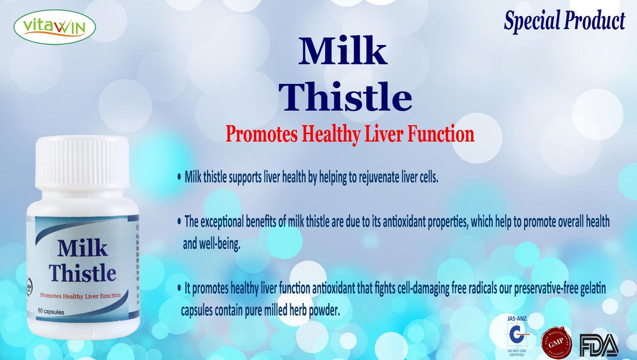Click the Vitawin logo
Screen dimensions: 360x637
[55, 27]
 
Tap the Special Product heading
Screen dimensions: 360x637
[564, 21]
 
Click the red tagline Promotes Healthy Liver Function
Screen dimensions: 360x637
[349, 134]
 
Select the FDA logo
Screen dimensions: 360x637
[599, 345]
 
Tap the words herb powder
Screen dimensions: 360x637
[317, 311]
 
